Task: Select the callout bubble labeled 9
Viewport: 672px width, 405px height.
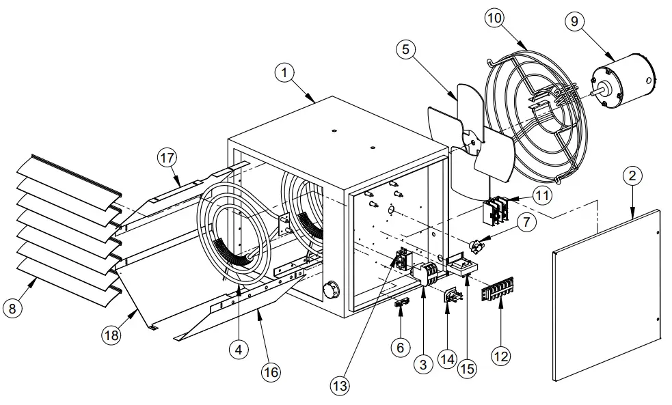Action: point(574,21)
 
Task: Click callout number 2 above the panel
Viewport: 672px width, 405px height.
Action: point(633,176)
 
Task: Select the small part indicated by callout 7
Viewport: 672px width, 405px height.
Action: point(479,241)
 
